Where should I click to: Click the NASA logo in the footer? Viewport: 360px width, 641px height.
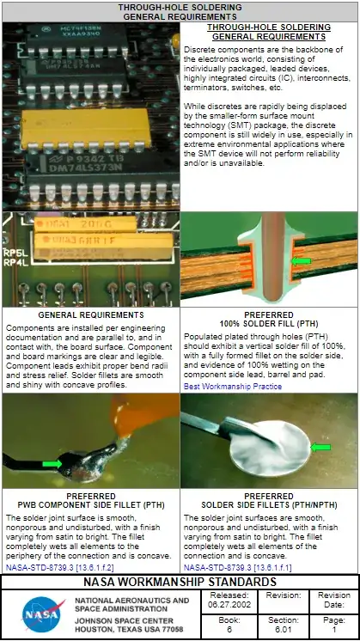(x=41, y=614)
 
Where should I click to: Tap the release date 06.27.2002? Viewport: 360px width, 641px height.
(x=229, y=604)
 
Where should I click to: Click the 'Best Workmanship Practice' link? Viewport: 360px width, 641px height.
(x=231, y=387)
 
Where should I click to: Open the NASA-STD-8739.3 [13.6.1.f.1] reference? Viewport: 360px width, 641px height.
(x=232, y=567)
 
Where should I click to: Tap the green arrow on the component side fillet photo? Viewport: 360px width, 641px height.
(x=52, y=464)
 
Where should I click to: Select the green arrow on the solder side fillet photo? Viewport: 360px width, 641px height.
(x=321, y=447)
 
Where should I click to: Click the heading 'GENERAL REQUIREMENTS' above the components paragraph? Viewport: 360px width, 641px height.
(x=91, y=315)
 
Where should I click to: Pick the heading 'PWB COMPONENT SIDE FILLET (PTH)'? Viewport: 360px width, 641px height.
(x=91, y=505)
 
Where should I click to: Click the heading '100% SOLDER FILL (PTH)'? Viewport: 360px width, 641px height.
(x=269, y=324)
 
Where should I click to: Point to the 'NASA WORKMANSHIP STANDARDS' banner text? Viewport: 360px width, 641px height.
(x=180, y=582)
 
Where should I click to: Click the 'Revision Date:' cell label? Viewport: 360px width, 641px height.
(x=333, y=600)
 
